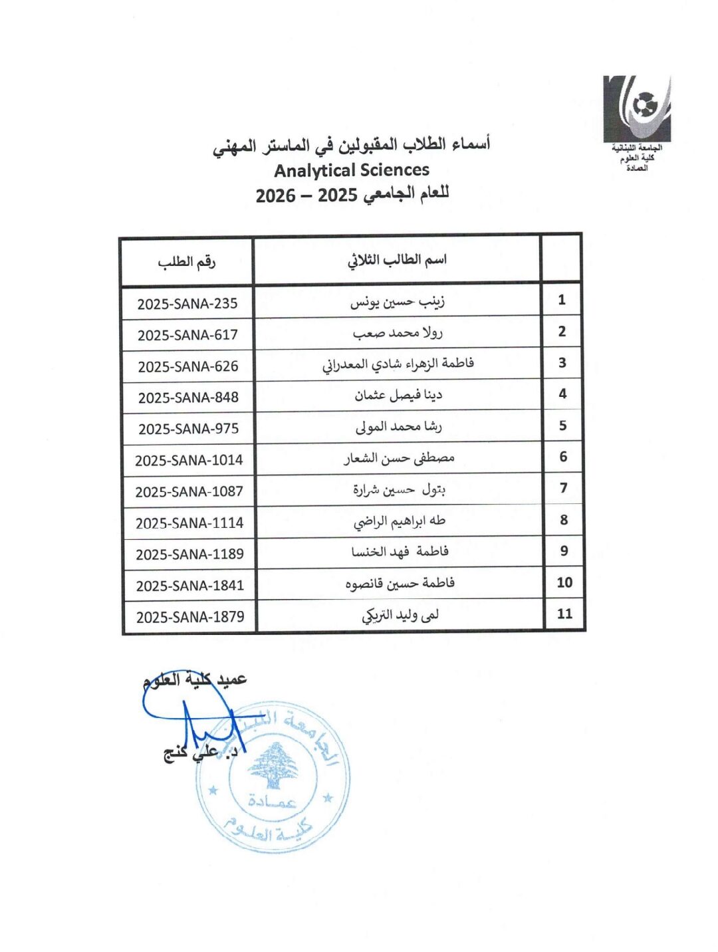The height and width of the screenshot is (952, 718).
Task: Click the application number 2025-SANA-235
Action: point(187,304)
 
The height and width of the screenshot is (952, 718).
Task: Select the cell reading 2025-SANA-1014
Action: point(189,460)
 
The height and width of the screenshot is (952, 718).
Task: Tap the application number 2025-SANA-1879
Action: point(190,617)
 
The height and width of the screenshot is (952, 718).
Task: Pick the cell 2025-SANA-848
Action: point(188,398)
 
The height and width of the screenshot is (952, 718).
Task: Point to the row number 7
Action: point(563,488)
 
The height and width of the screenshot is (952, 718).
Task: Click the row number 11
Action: point(564,614)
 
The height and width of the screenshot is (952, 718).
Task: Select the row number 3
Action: point(562,363)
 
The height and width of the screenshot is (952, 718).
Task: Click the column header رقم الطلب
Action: point(187,262)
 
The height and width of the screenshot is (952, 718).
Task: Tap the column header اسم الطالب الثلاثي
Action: point(397,260)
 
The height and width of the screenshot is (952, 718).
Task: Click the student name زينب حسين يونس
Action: point(398,302)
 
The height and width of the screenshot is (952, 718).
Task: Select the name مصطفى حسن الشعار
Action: point(399,458)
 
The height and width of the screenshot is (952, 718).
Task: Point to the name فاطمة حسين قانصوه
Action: point(400,584)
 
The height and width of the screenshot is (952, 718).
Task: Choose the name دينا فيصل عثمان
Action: point(398,396)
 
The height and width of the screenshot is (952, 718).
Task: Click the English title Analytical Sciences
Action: point(352,170)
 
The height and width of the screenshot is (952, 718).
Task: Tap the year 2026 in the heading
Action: point(275,196)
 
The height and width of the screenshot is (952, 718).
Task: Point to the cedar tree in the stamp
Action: point(273,766)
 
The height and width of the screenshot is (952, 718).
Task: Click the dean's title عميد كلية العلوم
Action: point(195,679)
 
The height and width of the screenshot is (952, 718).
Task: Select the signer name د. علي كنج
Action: point(200,753)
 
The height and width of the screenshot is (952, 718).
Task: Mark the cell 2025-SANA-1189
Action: point(189,554)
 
